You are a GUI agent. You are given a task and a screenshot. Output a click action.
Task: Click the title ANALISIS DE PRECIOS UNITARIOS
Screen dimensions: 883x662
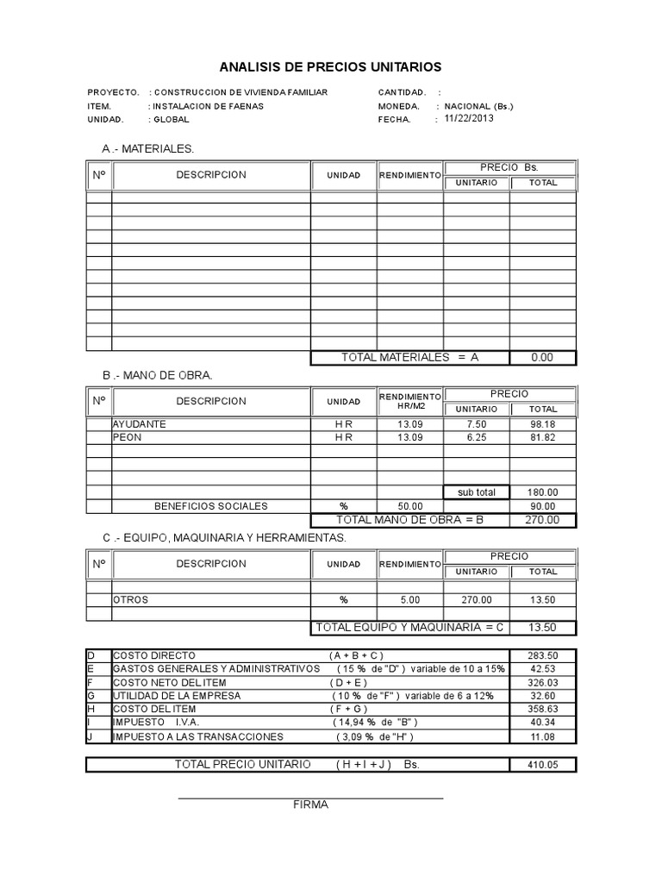pos(330,66)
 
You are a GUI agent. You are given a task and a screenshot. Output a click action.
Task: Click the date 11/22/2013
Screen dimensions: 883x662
pos(469,120)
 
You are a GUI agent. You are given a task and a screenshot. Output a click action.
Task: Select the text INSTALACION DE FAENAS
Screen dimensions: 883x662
pos(209,106)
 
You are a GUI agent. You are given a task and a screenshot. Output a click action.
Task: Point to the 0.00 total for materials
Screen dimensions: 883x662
pos(542,357)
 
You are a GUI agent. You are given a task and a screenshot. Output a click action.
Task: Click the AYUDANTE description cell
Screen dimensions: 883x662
pos(140,424)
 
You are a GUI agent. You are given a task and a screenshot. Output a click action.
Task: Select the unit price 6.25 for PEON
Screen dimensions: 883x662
pos(476,438)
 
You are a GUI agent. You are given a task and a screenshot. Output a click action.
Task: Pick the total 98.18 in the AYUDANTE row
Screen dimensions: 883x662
pos(542,424)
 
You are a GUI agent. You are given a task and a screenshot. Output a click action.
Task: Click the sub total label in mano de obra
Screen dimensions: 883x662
pos(476,492)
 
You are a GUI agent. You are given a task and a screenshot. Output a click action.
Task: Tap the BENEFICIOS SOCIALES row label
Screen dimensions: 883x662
pos(210,506)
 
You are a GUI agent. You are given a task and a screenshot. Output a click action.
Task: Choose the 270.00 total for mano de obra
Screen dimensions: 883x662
pos(542,520)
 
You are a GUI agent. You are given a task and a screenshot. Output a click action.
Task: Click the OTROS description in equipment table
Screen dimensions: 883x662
pos(131,599)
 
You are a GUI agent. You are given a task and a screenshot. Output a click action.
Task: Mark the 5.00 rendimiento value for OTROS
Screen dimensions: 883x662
pos(409,599)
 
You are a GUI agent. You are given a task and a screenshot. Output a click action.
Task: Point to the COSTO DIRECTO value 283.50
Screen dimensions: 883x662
pos(542,655)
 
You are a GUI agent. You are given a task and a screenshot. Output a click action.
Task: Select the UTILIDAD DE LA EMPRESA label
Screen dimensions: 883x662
pos(178,695)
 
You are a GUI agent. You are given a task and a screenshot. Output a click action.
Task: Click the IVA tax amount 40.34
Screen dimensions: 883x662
pos(542,722)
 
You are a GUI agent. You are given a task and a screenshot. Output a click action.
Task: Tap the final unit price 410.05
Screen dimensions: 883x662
pos(542,765)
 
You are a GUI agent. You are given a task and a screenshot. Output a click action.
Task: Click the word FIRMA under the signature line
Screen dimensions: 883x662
pos(310,805)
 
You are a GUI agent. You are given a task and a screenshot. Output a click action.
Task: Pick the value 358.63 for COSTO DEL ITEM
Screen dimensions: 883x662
pos(542,709)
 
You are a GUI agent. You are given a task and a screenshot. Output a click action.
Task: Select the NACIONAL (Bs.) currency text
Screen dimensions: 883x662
pos(479,106)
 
